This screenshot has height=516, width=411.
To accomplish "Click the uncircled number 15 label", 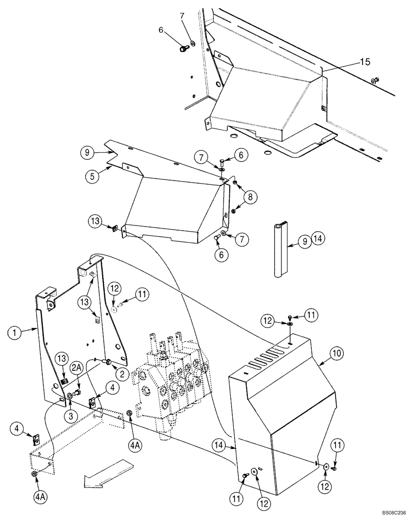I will pos(365,62).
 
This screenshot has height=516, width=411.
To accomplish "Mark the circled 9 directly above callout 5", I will pos(88,152).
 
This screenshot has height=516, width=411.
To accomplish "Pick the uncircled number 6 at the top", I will pos(161,31).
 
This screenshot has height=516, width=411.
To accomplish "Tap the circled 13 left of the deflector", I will pos(95,221).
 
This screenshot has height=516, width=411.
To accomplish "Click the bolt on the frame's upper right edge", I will pos(375,80).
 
